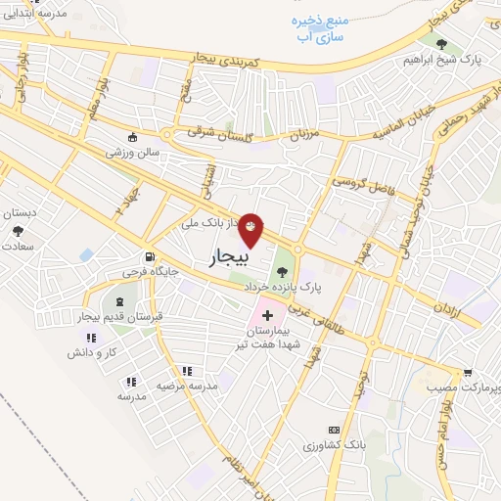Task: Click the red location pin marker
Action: coord(252,229)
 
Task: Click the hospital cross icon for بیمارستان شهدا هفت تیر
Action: coord(266,316)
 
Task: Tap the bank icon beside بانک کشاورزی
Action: coord(335,430)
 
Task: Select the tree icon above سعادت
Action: coord(18,231)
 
